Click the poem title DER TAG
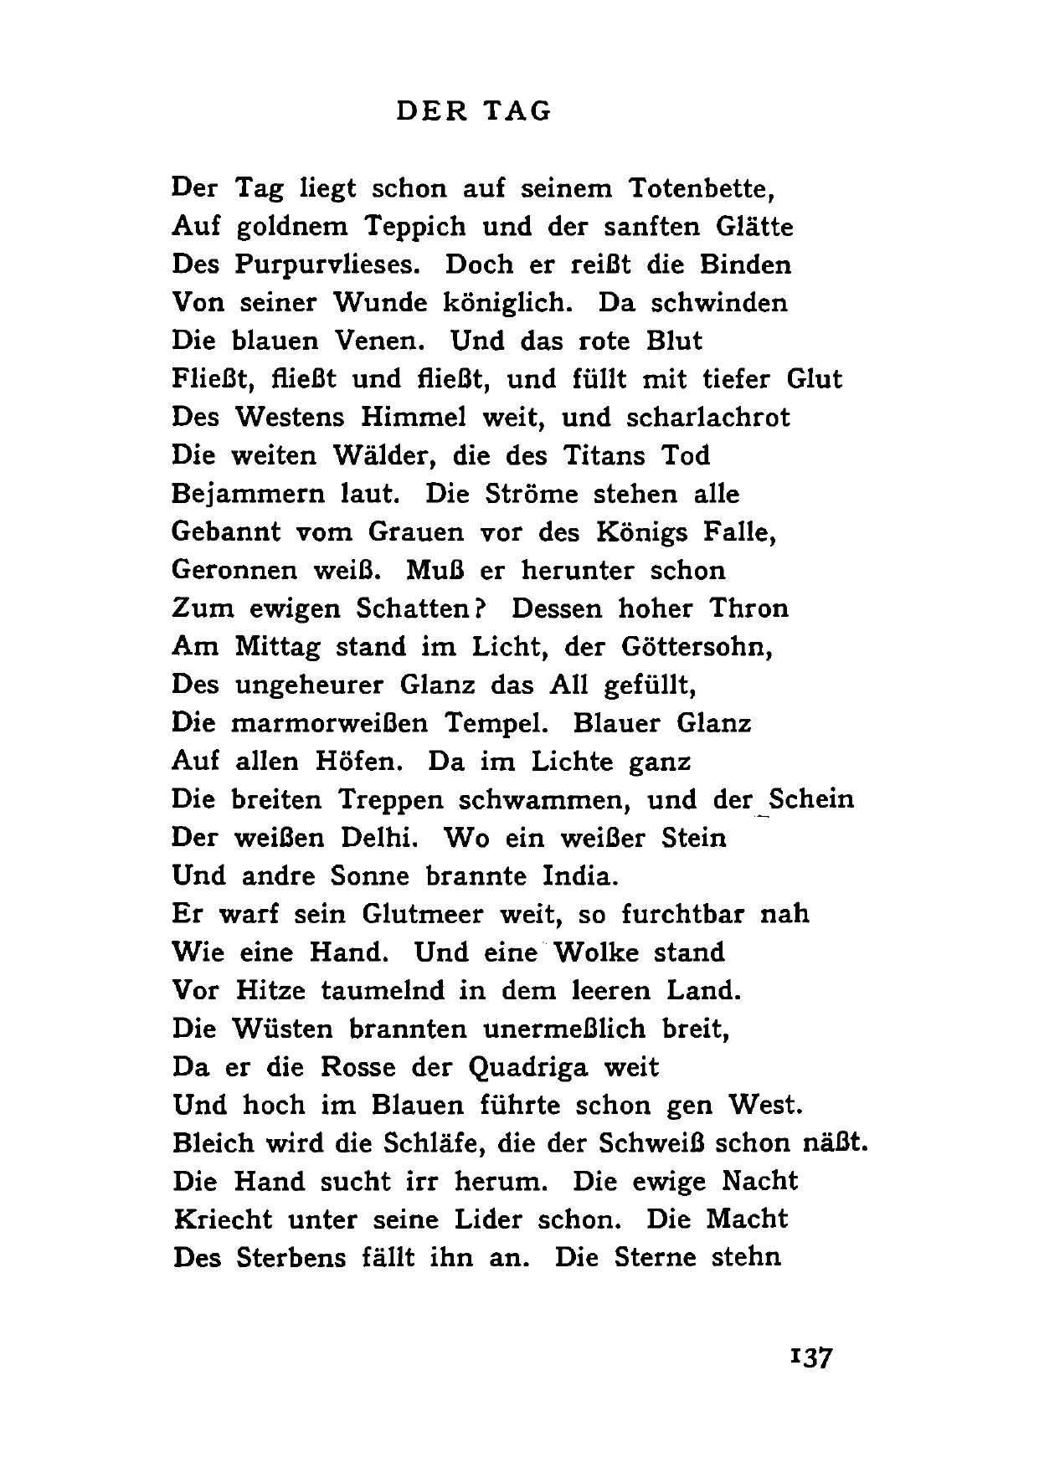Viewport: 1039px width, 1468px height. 474,111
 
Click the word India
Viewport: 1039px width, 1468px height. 581,876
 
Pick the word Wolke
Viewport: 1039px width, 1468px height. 595,952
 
